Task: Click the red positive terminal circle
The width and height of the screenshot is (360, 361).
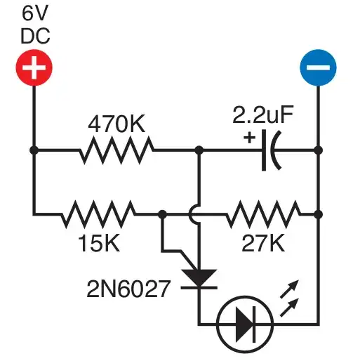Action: [x=34, y=67]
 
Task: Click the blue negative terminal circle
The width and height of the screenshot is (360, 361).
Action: [x=318, y=67]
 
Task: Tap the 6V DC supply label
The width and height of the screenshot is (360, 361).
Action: [x=35, y=25]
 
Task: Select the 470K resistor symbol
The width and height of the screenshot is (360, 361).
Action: [x=116, y=150]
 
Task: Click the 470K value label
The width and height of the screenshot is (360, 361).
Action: [x=116, y=124]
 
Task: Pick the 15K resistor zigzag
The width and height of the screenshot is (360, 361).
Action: [x=98, y=214]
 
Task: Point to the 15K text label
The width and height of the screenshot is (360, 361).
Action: [x=99, y=244]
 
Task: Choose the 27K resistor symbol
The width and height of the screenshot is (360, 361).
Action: [x=263, y=214]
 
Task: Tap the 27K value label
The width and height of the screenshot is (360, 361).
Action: [x=263, y=244]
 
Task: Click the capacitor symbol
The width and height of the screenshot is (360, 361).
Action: [x=271, y=150]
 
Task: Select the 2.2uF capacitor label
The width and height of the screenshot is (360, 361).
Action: [x=263, y=114]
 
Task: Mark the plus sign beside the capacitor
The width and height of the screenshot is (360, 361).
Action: [x=250, y=138]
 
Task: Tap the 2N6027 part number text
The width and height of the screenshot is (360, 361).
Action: [x=128, y=289]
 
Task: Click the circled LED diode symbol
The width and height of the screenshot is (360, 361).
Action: [x=245, y=324]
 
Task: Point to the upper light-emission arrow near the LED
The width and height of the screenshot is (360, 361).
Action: [x=289, y=289]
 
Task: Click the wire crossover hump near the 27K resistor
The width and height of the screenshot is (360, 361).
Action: [x=194, y=214]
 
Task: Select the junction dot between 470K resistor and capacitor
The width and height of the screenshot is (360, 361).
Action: [x=199, y=150]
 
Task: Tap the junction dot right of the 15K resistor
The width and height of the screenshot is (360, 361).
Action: [x=163, y=214]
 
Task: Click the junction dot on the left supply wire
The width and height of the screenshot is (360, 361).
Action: [x=34, y=150]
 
